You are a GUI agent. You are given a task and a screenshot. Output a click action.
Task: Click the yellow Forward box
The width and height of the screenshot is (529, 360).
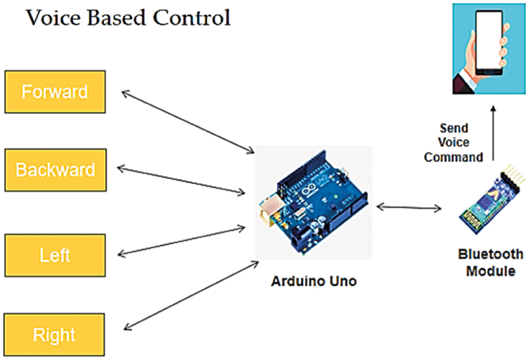tap(55, 92)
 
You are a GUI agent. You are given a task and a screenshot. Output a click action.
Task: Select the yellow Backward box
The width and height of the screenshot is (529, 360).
tap(55, 170)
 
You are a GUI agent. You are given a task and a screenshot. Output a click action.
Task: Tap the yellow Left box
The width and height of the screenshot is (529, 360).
tap(55, 255)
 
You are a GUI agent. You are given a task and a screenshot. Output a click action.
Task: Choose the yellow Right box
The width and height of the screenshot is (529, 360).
tap(55, 335)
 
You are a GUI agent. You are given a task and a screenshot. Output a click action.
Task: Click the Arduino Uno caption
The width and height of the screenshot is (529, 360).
tap(314, 281)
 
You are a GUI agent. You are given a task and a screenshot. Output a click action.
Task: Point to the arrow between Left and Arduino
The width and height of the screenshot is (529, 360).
tap(180, 240)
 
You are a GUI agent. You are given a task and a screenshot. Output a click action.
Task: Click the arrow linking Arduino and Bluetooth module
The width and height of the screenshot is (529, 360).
tap(409, 207)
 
